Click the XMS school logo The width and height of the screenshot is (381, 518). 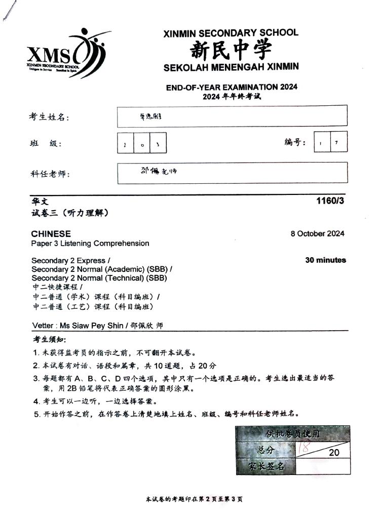(66, 54)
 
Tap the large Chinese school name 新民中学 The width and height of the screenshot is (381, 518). (231, 50)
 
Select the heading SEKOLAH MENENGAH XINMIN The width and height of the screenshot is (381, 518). (231, 67)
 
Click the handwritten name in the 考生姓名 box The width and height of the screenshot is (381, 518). (149, 116)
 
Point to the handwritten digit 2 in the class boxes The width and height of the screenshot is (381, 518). (125, 144)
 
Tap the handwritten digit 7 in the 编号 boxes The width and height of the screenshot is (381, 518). (336, 142)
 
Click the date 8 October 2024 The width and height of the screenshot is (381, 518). (317, 233)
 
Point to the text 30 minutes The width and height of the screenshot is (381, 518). (325, 260)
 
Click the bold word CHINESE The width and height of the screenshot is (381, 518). (51, 234)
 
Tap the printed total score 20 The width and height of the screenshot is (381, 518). (334, 452)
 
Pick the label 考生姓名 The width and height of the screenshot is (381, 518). (48, 117)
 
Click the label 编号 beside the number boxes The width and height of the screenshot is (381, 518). (295, 143)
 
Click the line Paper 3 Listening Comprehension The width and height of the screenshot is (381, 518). (90, 244)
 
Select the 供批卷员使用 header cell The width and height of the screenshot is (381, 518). (292, 434)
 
